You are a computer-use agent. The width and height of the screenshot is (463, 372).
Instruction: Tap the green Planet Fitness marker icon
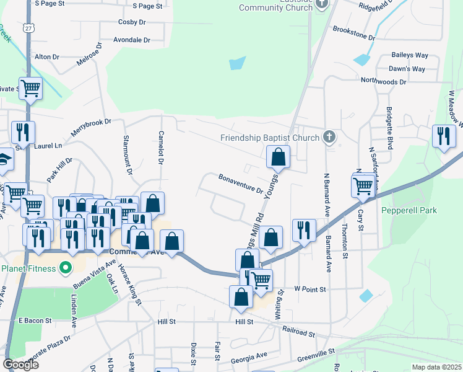point(65,269)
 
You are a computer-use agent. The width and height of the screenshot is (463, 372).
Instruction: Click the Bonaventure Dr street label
point(241,183)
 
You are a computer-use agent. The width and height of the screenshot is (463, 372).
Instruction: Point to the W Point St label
point(309,289)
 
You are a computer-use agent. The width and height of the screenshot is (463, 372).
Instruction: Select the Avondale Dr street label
point(131,40)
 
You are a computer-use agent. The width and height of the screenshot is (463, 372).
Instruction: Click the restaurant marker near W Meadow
point(443,136)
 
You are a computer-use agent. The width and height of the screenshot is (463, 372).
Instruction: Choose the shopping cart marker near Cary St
point(363,184)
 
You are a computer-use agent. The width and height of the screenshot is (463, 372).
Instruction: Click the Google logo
point(20,364)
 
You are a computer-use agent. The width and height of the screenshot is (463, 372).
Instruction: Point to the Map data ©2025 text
point(436,367)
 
